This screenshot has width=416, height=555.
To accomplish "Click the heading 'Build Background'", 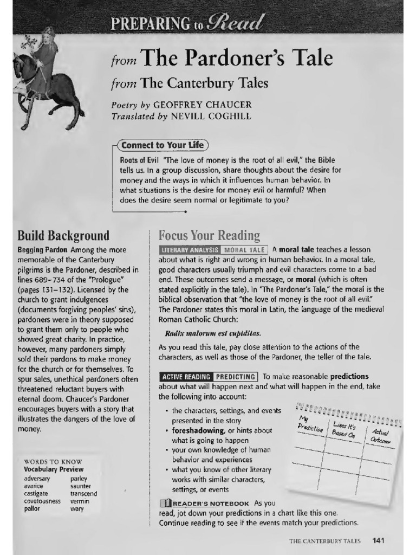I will click(63, 236).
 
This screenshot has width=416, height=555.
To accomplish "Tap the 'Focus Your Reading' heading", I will click(209, 236).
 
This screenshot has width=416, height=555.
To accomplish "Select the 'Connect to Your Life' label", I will click(162, 145).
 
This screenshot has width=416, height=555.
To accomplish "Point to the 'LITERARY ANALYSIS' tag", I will click(190, 250).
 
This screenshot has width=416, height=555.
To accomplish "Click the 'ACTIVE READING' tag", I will click(186, 376).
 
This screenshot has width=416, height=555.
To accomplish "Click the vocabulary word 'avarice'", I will click(34, 486).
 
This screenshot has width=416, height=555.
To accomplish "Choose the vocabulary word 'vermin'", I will click(80, 501).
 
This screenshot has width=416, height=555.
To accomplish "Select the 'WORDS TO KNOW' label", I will click(45, 461).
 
